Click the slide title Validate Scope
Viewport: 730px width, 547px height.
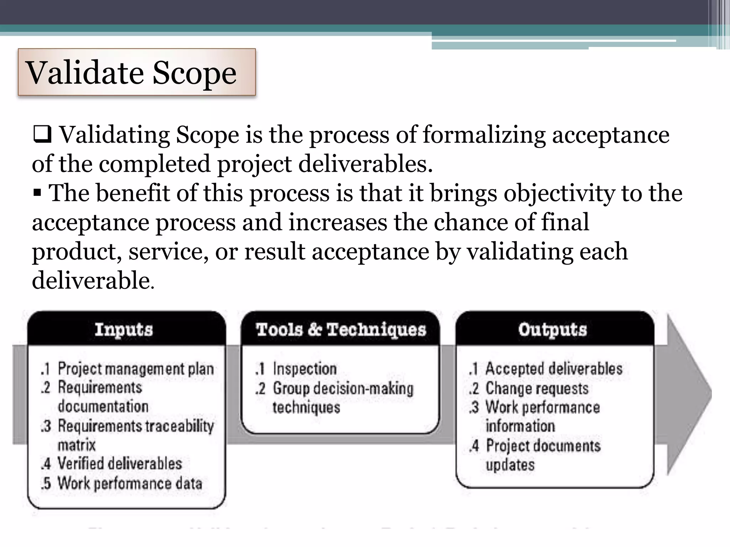[x=131, y=73]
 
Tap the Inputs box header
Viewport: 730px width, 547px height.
[x=124, y=329]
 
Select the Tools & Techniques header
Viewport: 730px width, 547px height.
[x=341, y=329]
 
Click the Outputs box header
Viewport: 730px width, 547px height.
[x=552, y=329]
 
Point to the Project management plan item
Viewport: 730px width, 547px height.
[x=135, y=369]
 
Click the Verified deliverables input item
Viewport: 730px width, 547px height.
[x=120, y=464]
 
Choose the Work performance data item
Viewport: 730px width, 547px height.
[x=130, y=483]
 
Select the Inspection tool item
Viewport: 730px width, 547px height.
[x=304, y=369]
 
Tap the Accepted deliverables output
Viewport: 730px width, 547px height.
[x=554, y=369]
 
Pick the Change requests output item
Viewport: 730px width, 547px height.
[x=537, y=388]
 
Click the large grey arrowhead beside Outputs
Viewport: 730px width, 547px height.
[x=688, y=394]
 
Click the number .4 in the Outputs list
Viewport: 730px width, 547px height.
[x=474, y=446]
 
